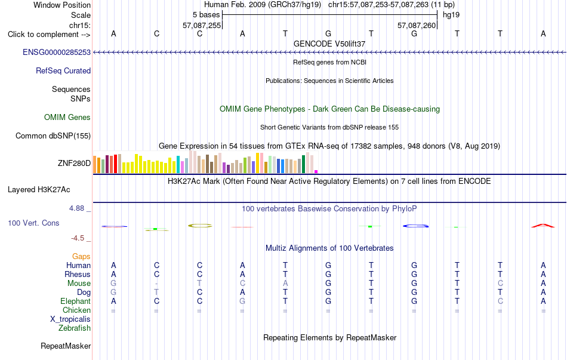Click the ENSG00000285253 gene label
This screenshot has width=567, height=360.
point(57,52)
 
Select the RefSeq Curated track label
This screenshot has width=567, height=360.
point(63,70)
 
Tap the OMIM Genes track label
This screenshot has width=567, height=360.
point(67,117)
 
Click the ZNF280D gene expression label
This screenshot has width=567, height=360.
point(74,163)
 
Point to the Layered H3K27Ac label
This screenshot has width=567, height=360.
point(39,190)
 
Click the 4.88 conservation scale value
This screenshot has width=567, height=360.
point(76,208)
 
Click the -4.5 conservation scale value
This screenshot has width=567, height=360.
point(78,238)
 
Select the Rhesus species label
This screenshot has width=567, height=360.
point(78,274)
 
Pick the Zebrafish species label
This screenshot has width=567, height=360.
point(75,328)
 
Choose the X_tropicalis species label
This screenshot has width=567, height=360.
point(70,319)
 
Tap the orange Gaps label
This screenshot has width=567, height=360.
point(81,257)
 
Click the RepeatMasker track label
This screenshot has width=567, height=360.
point(66,346)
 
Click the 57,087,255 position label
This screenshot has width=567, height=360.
point(202,25)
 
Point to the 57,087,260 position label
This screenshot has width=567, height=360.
point(417,25)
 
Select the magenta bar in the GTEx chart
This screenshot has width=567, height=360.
point(316,171)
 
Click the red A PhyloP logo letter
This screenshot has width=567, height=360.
point(543,226)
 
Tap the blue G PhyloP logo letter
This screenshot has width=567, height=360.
point(415,226)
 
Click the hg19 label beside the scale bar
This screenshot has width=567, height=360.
point(451,15)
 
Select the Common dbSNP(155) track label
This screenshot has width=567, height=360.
point(53,136)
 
